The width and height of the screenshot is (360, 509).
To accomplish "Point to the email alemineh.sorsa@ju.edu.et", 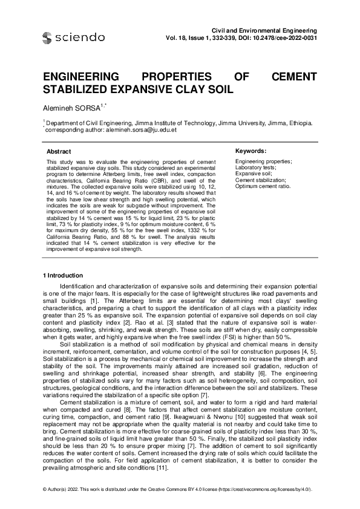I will pos(141,129).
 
